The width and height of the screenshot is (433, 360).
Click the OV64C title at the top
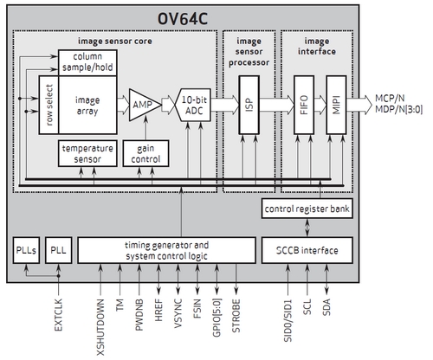click(x=183, y=19)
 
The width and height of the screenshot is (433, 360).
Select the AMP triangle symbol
click(x=145, y=105)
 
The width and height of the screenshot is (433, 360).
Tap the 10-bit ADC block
click(x=193, y=105)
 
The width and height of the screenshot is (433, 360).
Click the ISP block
click(x=249, y=105)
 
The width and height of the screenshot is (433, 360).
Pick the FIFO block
click(x=304, y=105)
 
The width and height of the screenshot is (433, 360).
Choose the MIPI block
click(x=336, y=105)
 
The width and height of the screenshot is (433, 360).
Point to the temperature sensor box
click(x=87, y=153)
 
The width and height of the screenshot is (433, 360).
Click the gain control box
click(x=145, y=153)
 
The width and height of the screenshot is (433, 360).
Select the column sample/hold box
click(x=87, y=62)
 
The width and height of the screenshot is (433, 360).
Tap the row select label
click(x=49, y=105)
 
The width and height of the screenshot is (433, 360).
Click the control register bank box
click(x=307, y=209)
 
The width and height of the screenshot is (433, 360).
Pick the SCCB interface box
click(x=307, y=250)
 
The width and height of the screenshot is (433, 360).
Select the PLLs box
click(x=26, y=250)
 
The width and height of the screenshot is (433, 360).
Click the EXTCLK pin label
click(x=58, y=315)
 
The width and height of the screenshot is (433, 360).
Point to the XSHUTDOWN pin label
click(x=100, y=327)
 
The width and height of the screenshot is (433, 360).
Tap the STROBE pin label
click(x=236, y=316)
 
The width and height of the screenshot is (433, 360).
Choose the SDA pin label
click(x=326, y=307)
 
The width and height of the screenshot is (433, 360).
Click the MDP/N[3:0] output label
click(x=398, y=110)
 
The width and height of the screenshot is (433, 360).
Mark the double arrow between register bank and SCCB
click(x=307, y=228)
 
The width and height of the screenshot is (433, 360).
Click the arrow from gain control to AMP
click(x=145, y=128)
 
